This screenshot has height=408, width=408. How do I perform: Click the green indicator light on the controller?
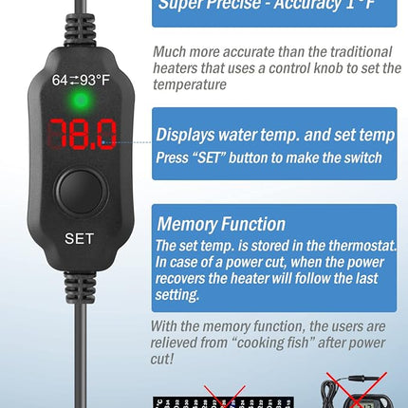[80, 100]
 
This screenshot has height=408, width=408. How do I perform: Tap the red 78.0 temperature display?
[81, 134]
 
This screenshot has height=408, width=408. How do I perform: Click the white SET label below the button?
[79, 238]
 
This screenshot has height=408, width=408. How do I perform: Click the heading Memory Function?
[220, 224]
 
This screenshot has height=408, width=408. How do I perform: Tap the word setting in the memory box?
[181, 294]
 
